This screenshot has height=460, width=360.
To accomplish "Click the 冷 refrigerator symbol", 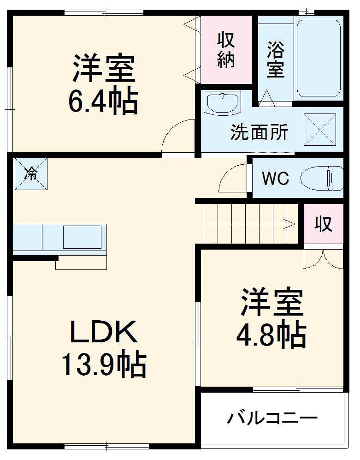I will point(31,174).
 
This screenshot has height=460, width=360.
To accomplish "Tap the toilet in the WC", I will point(322,178).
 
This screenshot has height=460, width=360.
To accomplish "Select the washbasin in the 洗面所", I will point(222,102).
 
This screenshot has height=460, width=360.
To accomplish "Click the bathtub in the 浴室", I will point(319,58).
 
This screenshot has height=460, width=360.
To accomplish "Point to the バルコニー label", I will point(272,419).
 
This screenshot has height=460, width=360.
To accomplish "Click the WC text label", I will point(276,178).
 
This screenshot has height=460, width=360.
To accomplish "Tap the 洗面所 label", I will point(259,132).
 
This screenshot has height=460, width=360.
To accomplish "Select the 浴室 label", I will point(276,60).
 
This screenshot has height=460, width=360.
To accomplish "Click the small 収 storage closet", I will point(324,224).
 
